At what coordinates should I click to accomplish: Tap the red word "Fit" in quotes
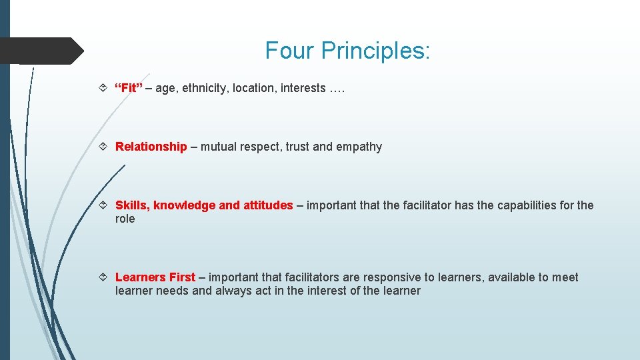129,88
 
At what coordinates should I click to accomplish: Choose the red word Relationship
151,147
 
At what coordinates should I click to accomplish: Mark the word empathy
360,147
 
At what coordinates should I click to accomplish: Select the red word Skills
131,205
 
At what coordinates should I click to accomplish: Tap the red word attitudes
267,205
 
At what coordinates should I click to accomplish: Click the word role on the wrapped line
125,219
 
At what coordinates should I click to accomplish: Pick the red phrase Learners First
155,277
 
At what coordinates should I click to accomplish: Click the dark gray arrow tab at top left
40,51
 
